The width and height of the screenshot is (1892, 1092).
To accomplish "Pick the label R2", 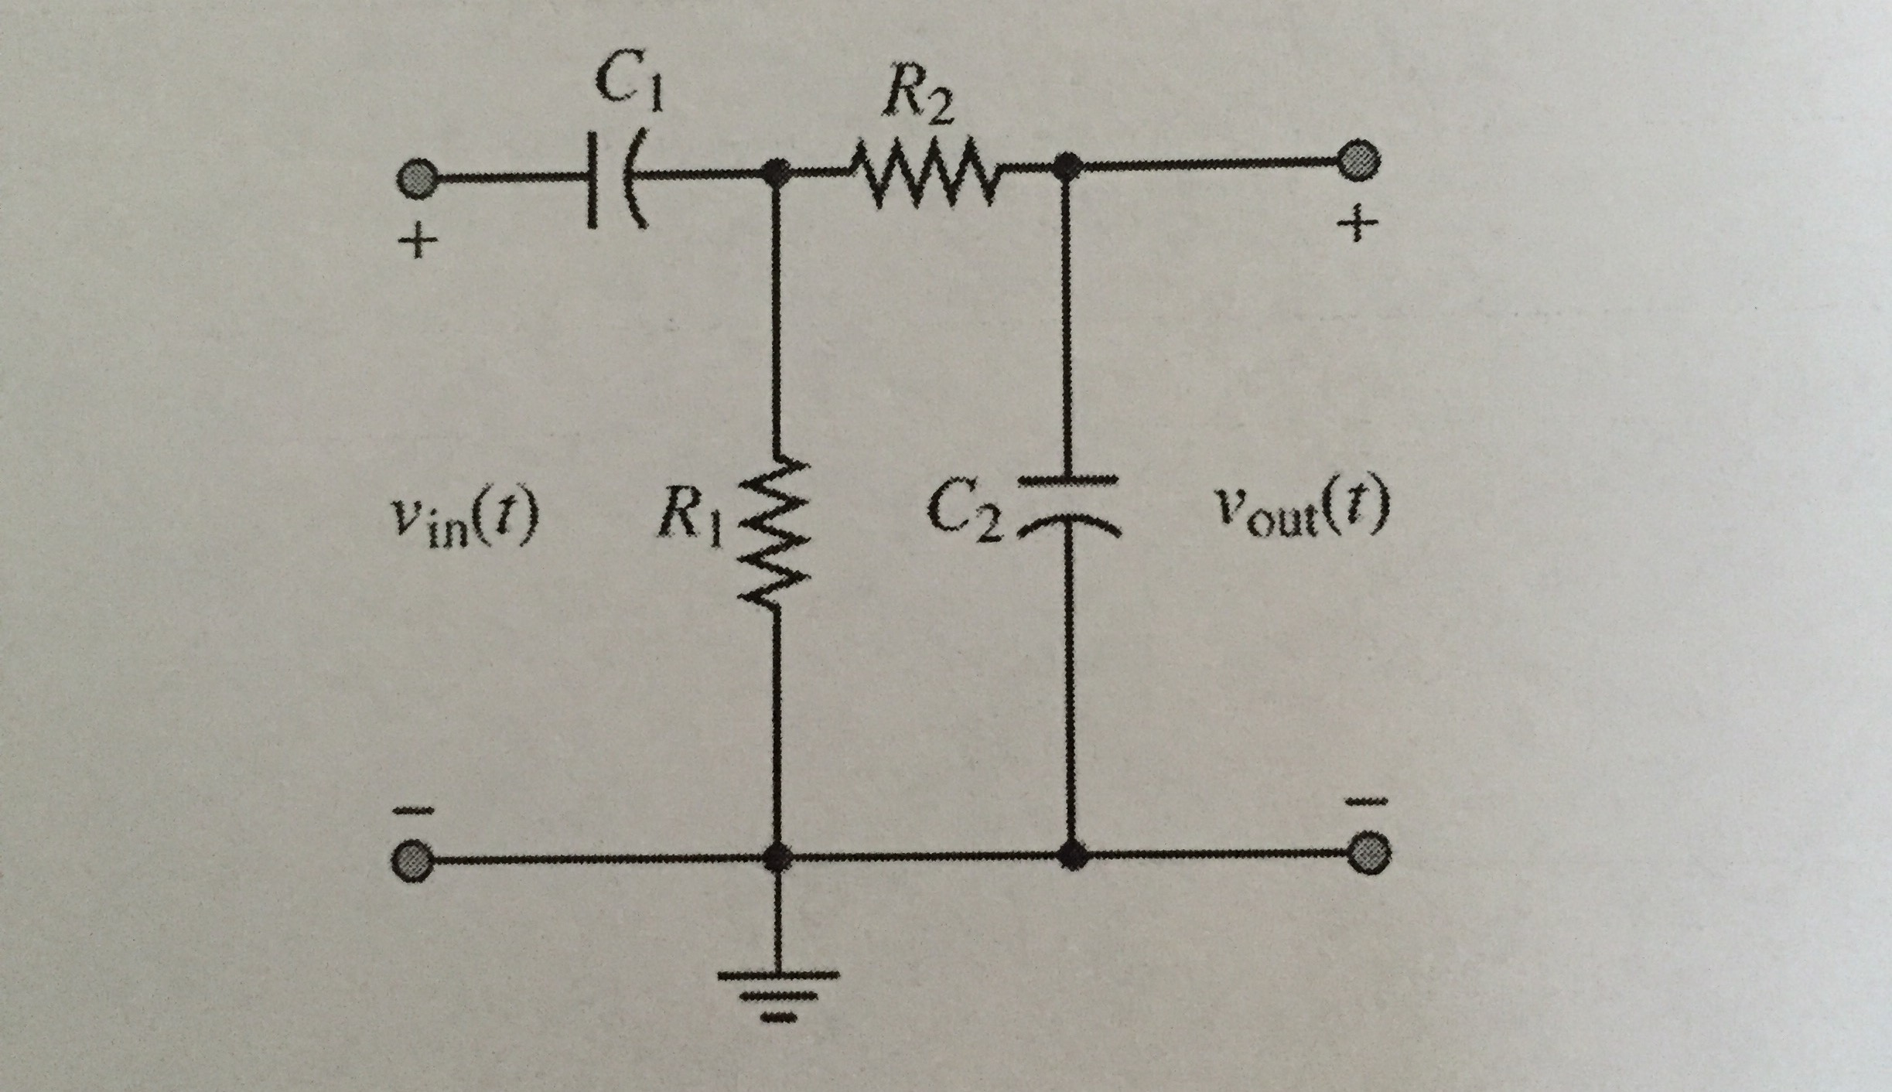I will pyautogui.click(x=918, y=99).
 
